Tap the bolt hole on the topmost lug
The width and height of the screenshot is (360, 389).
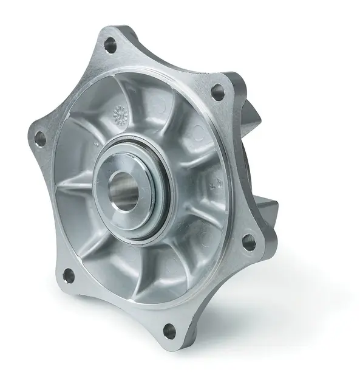click(110, 44)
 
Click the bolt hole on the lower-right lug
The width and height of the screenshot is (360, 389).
click(249, 242)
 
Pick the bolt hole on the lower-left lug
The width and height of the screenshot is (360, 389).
click(69, 275)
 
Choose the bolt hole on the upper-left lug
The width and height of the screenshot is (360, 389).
click(41, 139)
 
